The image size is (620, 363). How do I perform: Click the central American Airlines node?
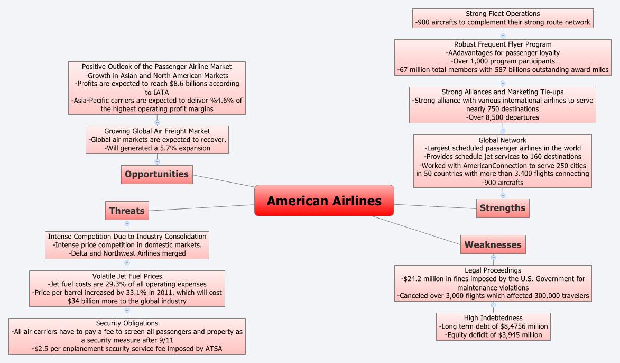(x=324, y=201)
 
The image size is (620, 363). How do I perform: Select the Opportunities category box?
(x=156, y=174)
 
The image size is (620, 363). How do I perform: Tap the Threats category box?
(x=127, y=211)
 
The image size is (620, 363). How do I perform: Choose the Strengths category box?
(x=502, y=208)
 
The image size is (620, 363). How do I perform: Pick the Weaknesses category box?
(x=493, y=244)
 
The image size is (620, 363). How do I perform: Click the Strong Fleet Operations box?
(x=502, y=18)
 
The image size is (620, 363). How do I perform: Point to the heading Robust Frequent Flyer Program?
(x=502, y=44)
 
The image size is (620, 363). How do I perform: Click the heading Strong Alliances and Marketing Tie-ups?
(x=502, y=92)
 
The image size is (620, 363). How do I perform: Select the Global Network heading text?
(x=502, y=140)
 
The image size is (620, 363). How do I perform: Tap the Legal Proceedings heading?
(x=493, y=270)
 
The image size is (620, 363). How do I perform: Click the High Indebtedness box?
(x=493, y=326)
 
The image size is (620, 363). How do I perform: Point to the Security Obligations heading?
(x=127, y=323)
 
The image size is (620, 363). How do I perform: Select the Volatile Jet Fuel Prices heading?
(x=127, y=276)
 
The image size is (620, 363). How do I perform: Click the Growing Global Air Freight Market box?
(x=157, y=140)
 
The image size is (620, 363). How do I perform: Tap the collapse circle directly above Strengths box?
(x=502, y=195)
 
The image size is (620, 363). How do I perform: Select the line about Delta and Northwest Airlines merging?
(x=127, y=253)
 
